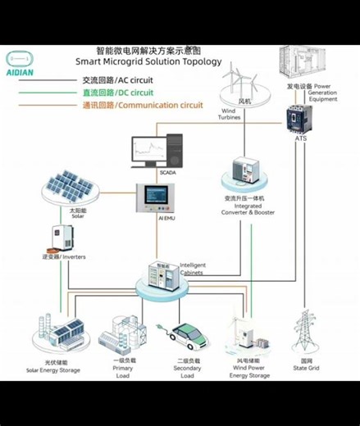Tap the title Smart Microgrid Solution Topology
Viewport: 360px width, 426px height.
point(148,61)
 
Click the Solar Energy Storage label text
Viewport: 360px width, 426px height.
point(53,369)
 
